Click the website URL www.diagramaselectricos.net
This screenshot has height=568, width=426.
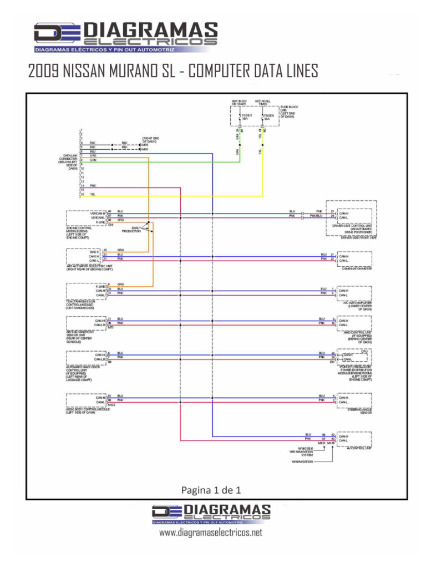pyautogui.click(x=210, y=532)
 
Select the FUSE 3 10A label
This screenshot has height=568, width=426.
pyautogui.click(x=246, y=116)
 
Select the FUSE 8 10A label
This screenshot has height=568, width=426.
pyautogui.click(x=267, y=116)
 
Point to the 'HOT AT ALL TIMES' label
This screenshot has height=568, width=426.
pyautogui.click(x=262, y=102)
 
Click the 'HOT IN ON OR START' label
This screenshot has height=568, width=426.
pyautogui.click(x=240, y=102)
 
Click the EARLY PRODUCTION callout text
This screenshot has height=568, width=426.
pyautogui.click(x=132, y=229)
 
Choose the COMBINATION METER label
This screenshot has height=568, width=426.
pyautogui.click(x=357, y=269)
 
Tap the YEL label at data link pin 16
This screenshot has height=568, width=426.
pyautogui.click(x=93, y=195)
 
